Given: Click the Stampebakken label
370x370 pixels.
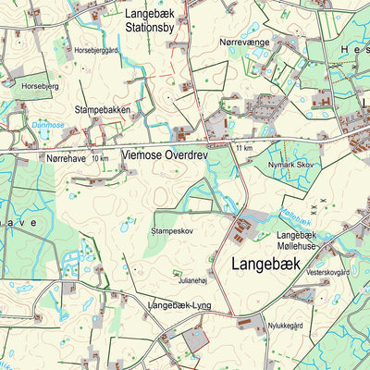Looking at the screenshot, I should tap(117, 108).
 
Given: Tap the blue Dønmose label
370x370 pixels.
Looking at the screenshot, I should tap(47, 124).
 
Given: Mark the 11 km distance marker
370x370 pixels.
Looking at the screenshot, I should tap(244, 148).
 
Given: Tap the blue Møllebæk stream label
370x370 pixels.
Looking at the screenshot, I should tap(294, 217).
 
